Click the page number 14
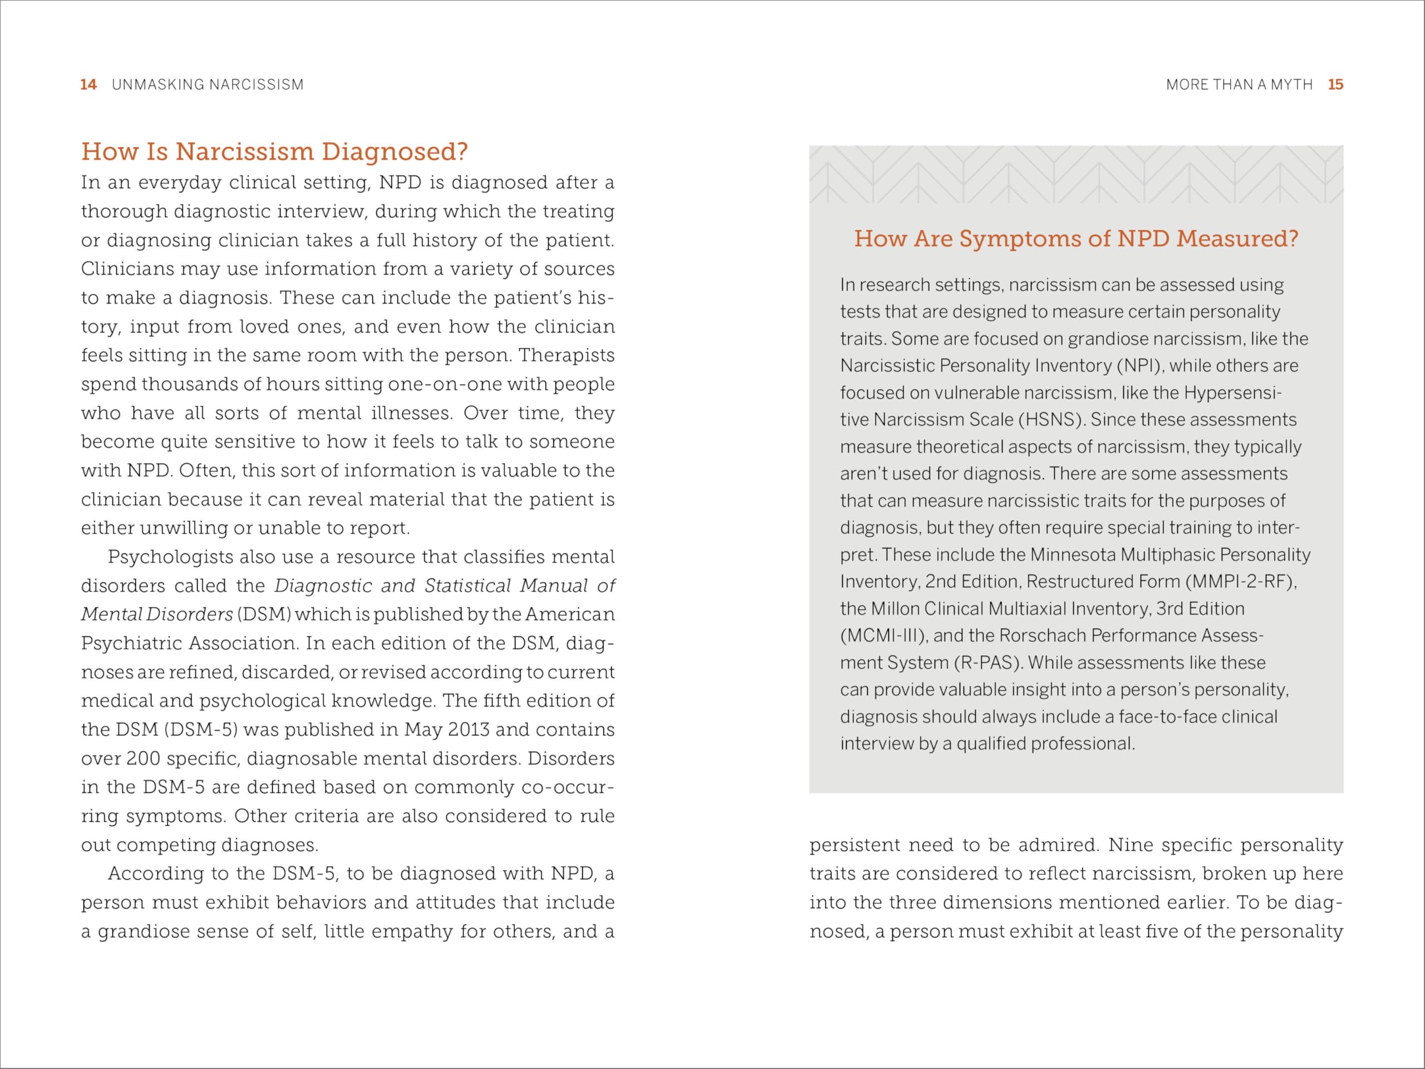pos(89,85)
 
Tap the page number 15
pos(1335,85)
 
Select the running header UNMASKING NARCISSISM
pos(208,85)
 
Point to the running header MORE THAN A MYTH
pos(1239,85)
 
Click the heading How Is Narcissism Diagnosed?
pos(274,151)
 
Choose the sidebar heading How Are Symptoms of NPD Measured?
pos(1076,238)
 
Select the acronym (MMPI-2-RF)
pos(1240,581)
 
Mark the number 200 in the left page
pos(143,758)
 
